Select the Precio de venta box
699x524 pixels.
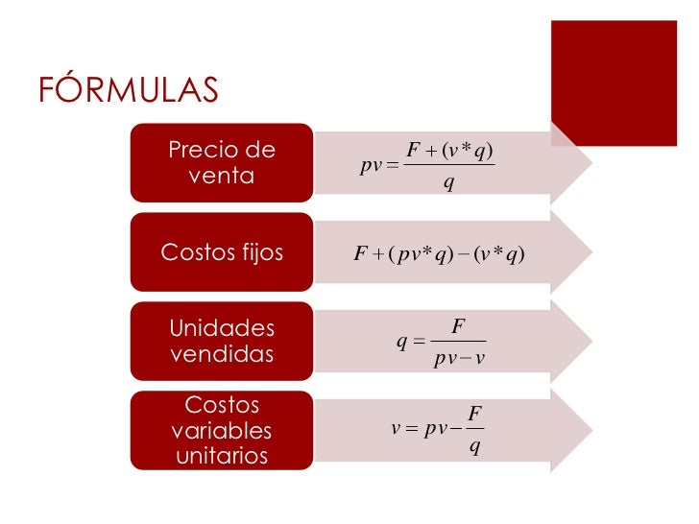[x=221, y=163]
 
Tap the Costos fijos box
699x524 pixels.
[x=221, y=252]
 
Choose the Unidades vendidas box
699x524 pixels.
[x=221, y=341]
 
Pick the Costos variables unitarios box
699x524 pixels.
[x=221, y=430]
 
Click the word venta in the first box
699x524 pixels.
[x=222, y=177]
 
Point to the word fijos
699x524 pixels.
[x=256, y=253]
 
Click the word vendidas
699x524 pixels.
[x=222, y=354]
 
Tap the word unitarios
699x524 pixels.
[x=222, y=456]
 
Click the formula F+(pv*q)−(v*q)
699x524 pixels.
[x=438, y=253]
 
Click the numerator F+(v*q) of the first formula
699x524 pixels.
[x=449, y=150]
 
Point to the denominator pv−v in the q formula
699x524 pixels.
[x=458, y=360]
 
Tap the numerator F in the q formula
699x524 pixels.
[x=458, y=327]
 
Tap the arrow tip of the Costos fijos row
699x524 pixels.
[x=580, y=253]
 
